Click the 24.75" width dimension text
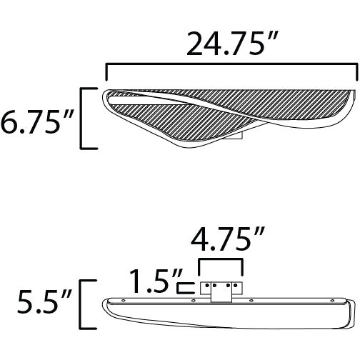coord(231,44)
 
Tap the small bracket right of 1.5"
coord(186,287)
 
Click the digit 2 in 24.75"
coord(196,44)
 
